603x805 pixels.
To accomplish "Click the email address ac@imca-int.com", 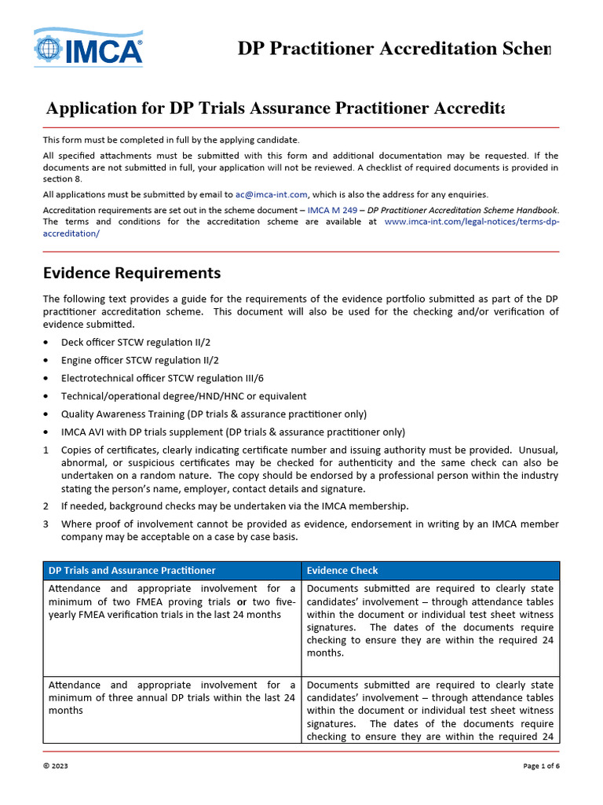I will [272, 194].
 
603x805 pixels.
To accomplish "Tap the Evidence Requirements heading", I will [132, 274].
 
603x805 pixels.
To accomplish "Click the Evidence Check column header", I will [342, 571].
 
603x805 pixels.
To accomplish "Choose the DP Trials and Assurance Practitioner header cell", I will [132, 571].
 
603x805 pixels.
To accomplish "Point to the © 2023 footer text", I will [56, 767].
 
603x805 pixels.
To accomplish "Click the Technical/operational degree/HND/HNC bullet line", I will [184, 396].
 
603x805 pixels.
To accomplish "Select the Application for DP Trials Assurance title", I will [275, 108].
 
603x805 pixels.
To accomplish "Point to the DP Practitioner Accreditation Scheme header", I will [394, 50].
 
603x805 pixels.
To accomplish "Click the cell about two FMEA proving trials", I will [172, 601].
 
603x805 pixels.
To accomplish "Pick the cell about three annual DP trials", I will [172, 698].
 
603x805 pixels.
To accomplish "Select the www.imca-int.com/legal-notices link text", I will [471, 222].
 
